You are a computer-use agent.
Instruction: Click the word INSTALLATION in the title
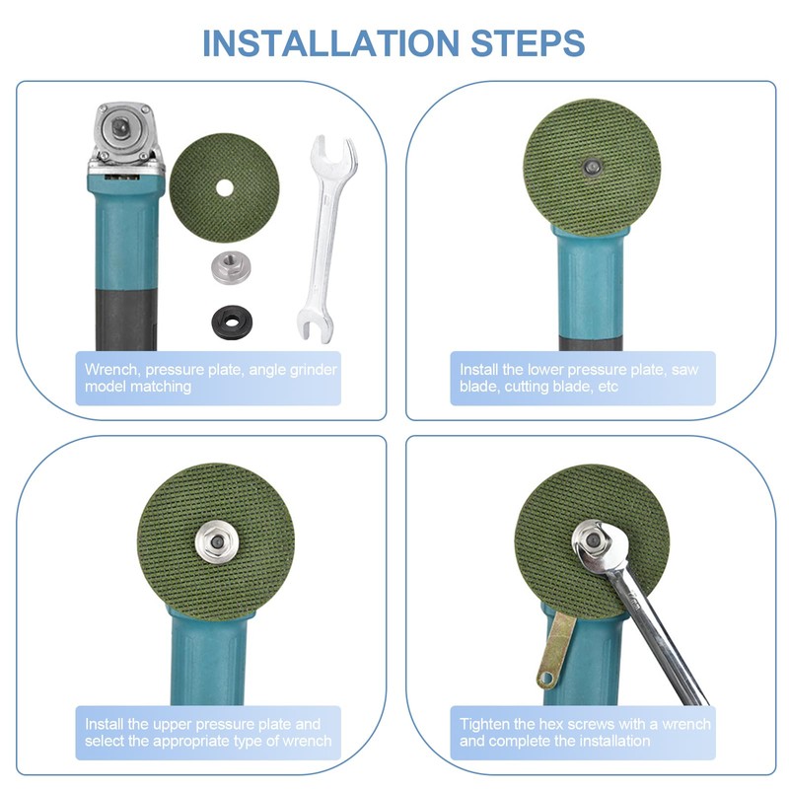pos(331,43)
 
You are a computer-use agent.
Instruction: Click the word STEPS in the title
pos(528,43)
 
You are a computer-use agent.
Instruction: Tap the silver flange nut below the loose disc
pos(231,267)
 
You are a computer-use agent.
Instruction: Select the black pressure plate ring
pos(232,322)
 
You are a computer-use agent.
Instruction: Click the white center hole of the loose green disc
pos(225,188)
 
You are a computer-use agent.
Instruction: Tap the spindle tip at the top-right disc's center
pos(591,167)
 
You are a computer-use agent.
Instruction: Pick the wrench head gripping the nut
pos(599,546)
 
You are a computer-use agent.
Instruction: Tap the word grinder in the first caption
pos(314,371)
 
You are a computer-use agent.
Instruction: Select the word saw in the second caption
pos(684,370)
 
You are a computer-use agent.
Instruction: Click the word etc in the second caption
pos(608,387)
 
